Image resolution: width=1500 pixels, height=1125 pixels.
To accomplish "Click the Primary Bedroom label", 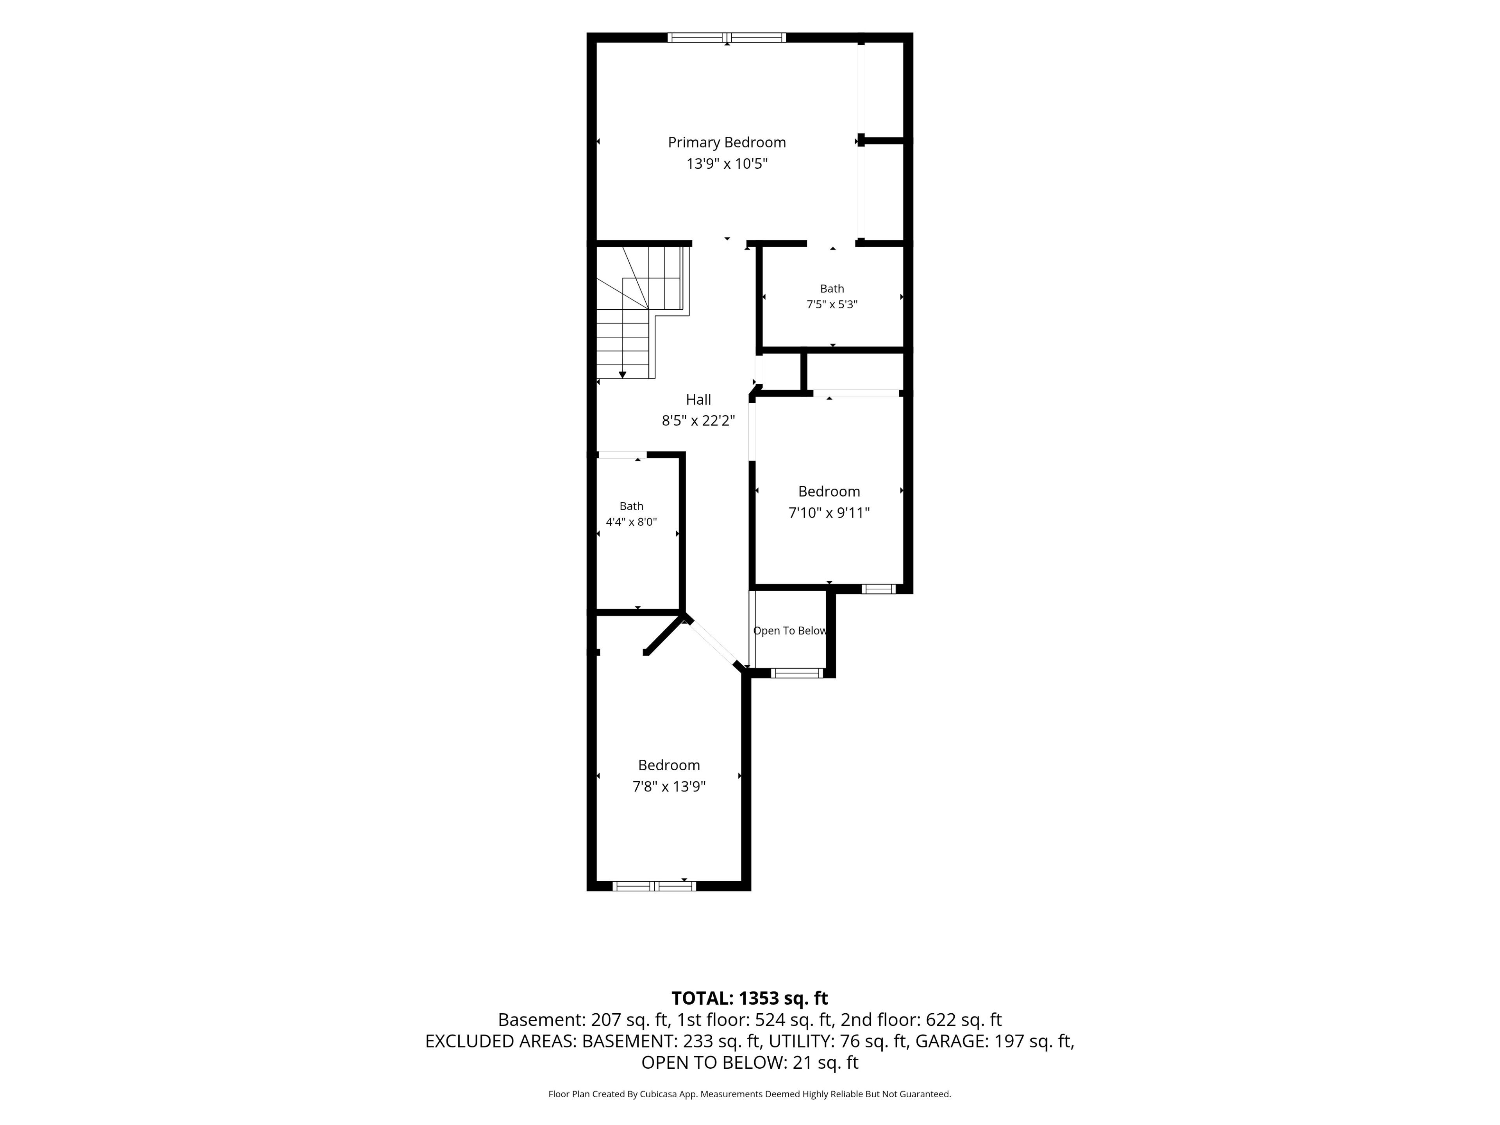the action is (x=727, y=143).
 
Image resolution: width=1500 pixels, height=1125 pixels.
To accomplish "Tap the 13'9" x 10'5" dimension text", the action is (x=727, y=163).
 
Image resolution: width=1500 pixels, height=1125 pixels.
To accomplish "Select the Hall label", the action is (x=698, y=399).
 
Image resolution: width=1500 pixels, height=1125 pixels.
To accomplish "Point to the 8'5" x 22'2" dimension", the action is (x=698, y=420).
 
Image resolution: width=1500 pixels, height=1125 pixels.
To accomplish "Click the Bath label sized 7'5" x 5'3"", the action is (x=832, y=289).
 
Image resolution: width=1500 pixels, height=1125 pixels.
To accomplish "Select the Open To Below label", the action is (x=790, y=630).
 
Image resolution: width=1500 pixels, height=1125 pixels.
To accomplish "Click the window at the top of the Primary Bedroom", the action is (x=727, y=37).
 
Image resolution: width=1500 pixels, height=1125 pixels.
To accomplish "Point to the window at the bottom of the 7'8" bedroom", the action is (x=654, y=886).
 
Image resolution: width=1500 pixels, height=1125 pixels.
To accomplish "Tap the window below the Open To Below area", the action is (x=797, y=673).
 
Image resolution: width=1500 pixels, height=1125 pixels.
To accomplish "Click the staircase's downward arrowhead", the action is (x=623, y=375).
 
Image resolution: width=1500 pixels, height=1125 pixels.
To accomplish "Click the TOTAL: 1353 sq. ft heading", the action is (x=750, y=998).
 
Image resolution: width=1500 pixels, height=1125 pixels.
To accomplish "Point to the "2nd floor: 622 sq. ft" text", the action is (x=921, y=1020).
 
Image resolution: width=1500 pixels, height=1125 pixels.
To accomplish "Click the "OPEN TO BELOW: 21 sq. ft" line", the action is (x=750, y=1062).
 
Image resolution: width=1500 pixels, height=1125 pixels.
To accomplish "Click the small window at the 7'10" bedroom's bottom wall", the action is (x=878, y=589).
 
